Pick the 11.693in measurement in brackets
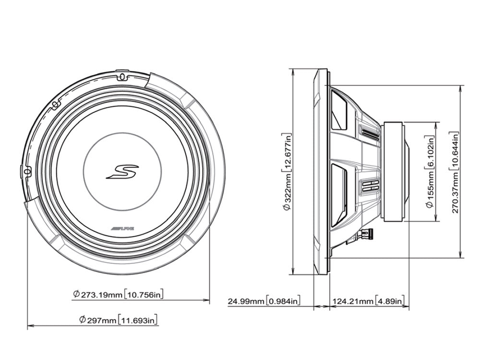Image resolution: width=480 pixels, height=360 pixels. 139,319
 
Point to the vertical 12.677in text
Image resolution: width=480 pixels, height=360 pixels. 287,151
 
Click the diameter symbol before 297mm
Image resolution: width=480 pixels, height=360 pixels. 83,319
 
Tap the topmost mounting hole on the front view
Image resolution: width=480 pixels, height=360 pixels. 121,76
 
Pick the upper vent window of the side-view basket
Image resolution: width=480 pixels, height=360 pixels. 340,111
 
